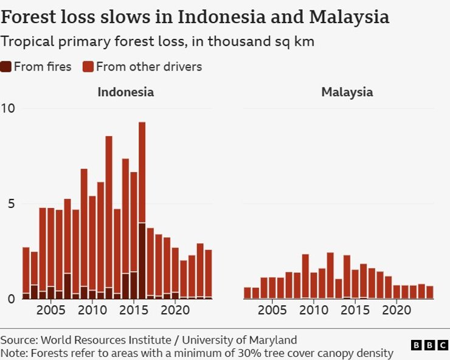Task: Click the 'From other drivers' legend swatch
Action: point(88,67)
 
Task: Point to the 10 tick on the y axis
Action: point(8,108)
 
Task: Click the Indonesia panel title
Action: point(126,92)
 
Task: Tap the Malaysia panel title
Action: point(347,92)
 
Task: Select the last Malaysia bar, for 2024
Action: point(430,292)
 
